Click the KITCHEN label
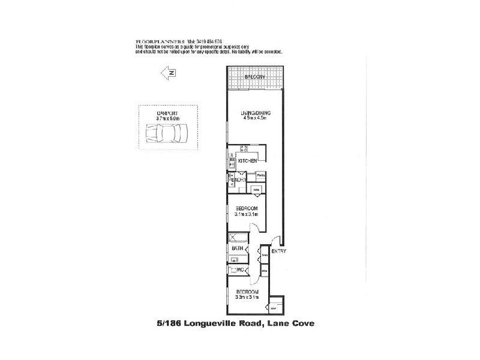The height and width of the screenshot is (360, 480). (248, 161)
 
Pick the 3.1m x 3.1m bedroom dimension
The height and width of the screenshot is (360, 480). (247, 214)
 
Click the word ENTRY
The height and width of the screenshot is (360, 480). (279, 251)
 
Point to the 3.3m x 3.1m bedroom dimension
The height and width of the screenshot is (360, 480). (247, 296)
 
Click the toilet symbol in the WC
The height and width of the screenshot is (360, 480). (232, 271)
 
